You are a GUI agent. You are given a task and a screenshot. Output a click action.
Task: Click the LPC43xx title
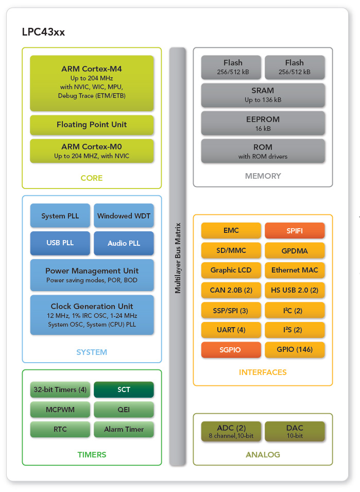(43, 32)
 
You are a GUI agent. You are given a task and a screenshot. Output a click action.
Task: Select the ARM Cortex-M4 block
(92, 82)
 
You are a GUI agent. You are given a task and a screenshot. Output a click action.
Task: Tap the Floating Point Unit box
(92, 125)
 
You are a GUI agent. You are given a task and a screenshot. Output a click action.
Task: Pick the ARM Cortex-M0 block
(92, 150)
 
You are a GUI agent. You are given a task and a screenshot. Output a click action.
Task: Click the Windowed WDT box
(124, 216)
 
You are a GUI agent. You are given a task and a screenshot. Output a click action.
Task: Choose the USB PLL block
(60, 243)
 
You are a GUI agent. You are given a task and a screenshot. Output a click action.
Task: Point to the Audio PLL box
(124, 243)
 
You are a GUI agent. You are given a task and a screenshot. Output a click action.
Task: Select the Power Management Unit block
(92, 275)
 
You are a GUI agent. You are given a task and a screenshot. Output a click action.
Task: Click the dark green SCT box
(124, 389)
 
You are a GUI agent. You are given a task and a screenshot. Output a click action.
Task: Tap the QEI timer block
(124, 410)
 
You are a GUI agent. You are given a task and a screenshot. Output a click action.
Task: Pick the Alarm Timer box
(124, 429)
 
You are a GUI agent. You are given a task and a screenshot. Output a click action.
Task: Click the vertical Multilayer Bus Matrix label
(178, 258)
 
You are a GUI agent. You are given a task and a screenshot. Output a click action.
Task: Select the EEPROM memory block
(263, 123)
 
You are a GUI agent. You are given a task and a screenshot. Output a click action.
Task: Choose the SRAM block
(263, 95)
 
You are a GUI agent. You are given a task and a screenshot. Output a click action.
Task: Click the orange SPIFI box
(295, 231)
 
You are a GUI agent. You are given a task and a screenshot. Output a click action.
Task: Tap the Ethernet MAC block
(295, 270)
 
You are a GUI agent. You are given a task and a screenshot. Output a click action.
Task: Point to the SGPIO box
(231, 350)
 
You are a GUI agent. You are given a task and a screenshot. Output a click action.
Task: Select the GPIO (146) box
(295, 350)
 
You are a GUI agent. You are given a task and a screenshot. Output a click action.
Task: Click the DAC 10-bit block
(295, 431)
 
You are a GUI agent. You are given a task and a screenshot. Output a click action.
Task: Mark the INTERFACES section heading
(263, 372)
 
